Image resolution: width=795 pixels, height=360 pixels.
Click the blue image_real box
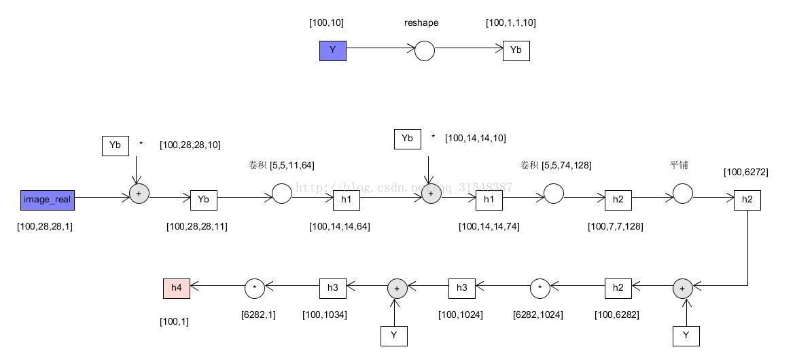click(47, 200)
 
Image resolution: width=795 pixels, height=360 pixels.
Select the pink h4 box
click(177, 288)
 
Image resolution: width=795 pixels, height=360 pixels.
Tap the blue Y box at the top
click(333, 50)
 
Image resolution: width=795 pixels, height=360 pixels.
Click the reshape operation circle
click(425, 51)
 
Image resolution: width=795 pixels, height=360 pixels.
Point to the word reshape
click(421, 22)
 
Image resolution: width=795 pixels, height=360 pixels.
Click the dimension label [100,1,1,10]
click(511, 22)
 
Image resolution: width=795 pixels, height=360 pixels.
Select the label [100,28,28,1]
click(45, 226)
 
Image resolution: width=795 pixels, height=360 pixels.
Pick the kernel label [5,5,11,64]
click(292, 165)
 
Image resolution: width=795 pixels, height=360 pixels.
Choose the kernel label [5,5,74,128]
click(567, 165)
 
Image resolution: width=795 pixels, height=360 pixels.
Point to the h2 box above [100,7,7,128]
click(618, 200)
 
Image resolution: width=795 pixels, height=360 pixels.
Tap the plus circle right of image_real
click(139, 194)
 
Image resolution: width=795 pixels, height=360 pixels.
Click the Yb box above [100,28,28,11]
click(203, 200)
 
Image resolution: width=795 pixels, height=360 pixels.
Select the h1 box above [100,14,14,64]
click(347, 200)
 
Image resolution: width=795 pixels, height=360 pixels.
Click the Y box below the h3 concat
click(394, 336)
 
